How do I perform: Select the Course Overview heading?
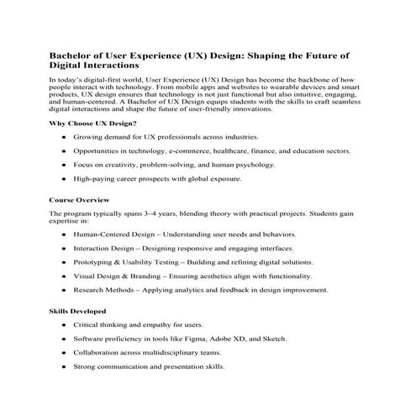click(81, 201)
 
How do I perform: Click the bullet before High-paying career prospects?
click(64, 179)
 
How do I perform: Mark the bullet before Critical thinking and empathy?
click(64, 325)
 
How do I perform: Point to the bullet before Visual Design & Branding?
click(64, 276)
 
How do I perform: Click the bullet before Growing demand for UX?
click(64, 138)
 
